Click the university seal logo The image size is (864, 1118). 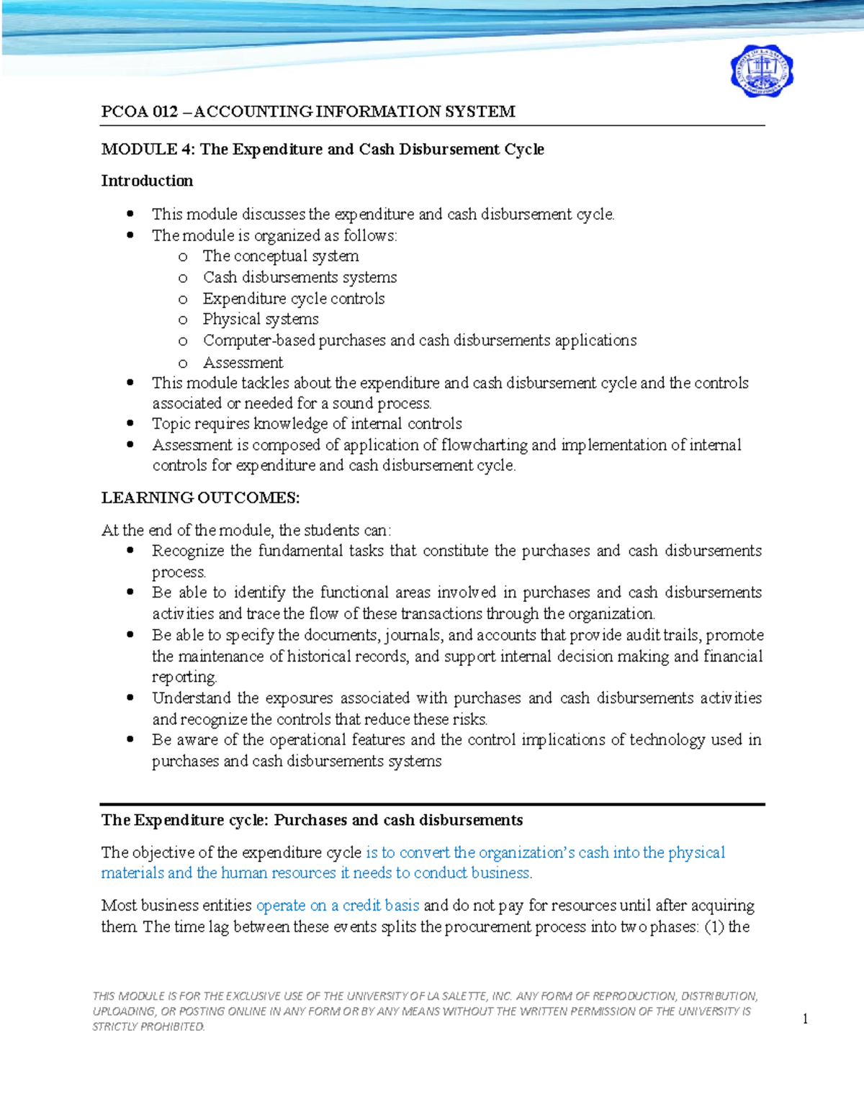coord(761,71)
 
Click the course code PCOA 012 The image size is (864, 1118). coord(139,112)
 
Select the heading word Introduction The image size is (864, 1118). coord(147,181)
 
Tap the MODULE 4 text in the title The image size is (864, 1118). coord(148,149)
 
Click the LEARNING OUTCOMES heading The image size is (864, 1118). coord(200,497)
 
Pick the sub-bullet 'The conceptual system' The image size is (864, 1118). coord(280,256)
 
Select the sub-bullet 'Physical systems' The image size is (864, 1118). coord(260,319)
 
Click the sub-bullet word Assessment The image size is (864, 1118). coord(243,362)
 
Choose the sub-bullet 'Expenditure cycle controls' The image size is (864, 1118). coord(293,298)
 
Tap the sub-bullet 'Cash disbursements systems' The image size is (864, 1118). coord(300,277)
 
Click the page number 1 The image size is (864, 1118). coord(805,1018)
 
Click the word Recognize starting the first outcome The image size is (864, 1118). coord(188,551)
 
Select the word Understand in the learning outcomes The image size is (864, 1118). coord(191,698)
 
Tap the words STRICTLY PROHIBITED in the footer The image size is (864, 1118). coord(148,1027)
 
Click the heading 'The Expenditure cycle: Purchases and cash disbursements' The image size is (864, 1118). coord(312,820)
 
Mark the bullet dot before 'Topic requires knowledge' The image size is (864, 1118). coord(130,423)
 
